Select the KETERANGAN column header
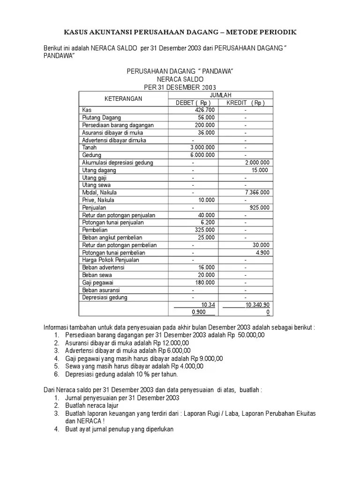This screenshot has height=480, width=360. pyautogui.click(x=123, y=99)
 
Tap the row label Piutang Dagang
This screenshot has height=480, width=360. pyautogui.click(x=101, y=118)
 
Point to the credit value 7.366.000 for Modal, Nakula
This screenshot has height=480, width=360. pyautogui.click(x=257, y=193)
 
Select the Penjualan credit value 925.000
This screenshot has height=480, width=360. pyautogui.click(x=259, y=208)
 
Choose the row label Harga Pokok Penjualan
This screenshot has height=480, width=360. pyautogui.click(x=111, y=260)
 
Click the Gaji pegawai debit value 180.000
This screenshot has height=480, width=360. pyautogui.click(x=205, y=283)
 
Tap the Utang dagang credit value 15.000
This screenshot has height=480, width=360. pyautogui.click(x=260, y=170)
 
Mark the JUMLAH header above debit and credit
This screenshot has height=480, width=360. pyautogui.click(x=220, y=95)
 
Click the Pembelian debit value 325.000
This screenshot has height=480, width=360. pyautogui.click(x=205, y=230)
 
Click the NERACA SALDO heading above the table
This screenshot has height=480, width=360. pyautogui.click(x=180, y=79)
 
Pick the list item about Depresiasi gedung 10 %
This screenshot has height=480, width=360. pyautogui.click(x=121, y=374)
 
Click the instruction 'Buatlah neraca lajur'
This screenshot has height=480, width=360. pyautogui.click(x=91, y=405)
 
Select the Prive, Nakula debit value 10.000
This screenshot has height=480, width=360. pyautogui.click(x=206, y=200)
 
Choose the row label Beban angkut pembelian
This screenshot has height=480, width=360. pyautogui.click(x=112, y=238)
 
